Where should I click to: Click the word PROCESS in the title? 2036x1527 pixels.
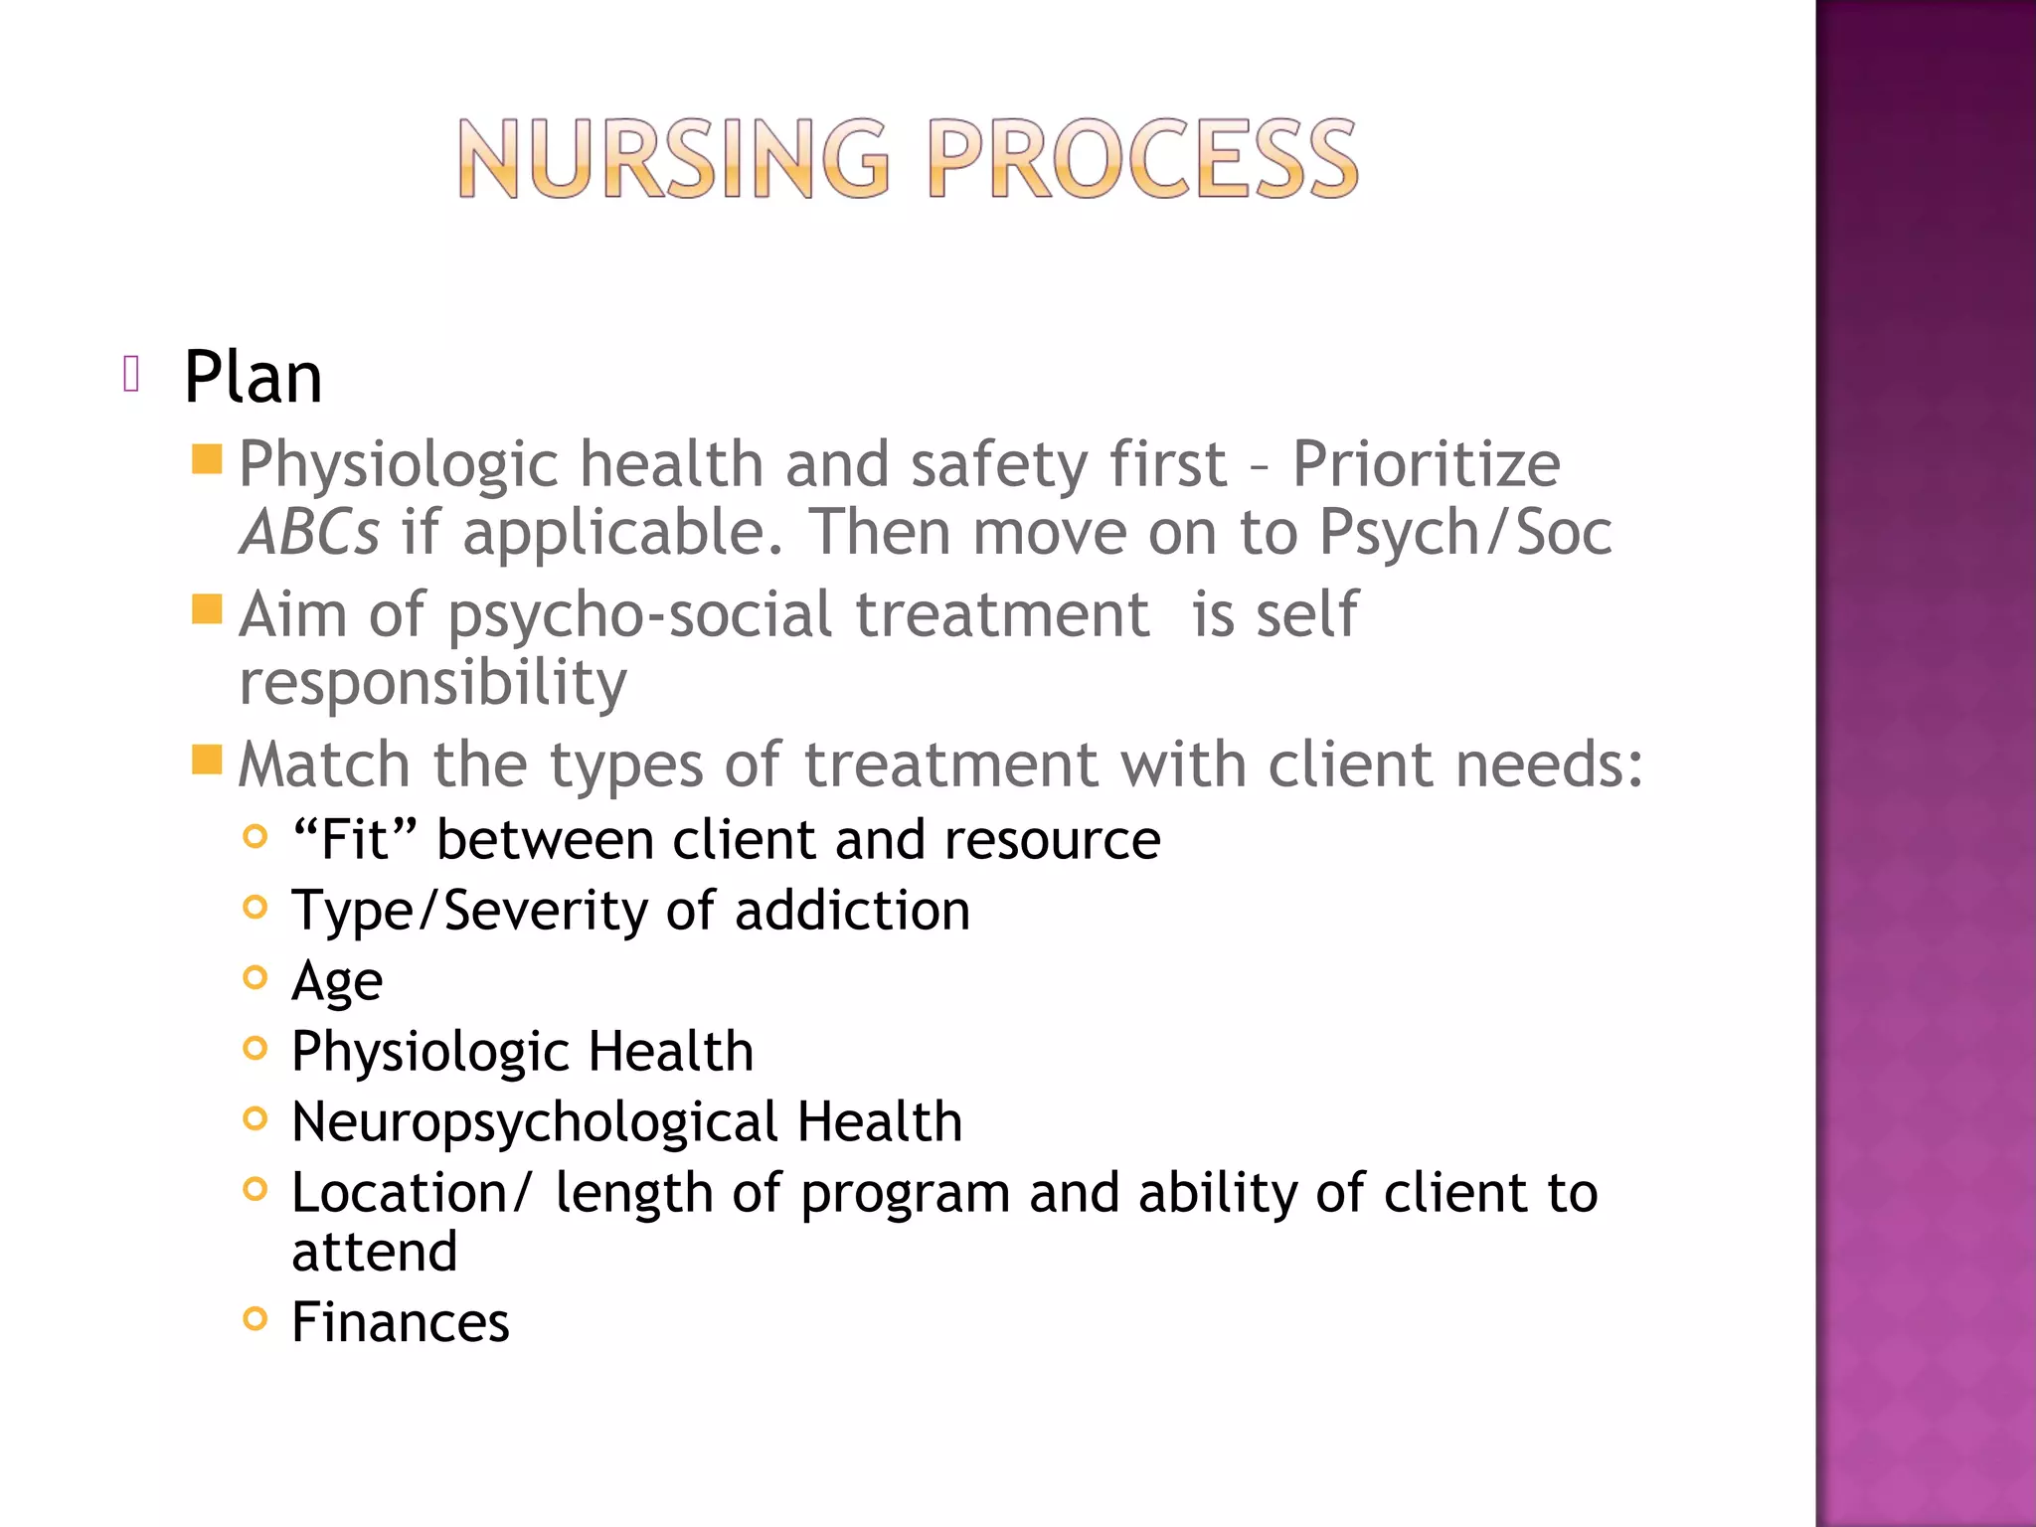pyautogui.click(x=1142, y=159)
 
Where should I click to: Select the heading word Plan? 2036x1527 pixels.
pyautogui.click(x=253, y=378)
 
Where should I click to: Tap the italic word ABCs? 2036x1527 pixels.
pyautogui.click(x=309, y=533)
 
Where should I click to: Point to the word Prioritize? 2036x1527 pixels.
pyautogui.click(x=1426, y=464)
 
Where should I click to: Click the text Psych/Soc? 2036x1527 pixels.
pyautogui.click(x=1464, y=533)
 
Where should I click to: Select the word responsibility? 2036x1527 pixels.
pyautogui.click(x=432, y=684)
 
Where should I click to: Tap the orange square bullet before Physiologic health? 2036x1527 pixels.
pyautogui.click(x=207, y=459)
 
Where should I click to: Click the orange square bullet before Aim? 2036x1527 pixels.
pyautogui.click(x=207, y=608)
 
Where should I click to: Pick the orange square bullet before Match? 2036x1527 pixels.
pyautogui.click(x=207, y=760)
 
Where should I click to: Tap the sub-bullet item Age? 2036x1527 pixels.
pyautogui.click(x=336, y=982)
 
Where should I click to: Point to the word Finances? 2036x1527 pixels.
pyautogui.click(x=400, y=1322)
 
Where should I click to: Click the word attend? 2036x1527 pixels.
pyautogui.click(x=374, y=1251)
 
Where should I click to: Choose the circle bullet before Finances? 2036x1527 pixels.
pyautogui.click(x=255, y=1318)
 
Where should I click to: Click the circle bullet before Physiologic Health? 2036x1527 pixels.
pyautogui.click(x=255, y=1048)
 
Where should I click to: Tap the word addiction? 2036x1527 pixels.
pyautogui.click(x=852, y=911)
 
